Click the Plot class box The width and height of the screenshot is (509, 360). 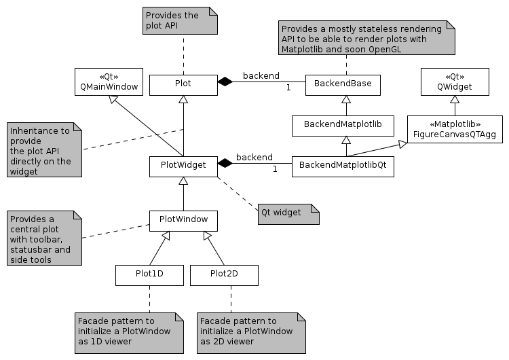[183, 84]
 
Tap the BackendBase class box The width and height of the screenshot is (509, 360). [343, 85]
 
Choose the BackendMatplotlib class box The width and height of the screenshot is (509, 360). [343, 125]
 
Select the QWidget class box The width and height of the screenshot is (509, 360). [455, 82]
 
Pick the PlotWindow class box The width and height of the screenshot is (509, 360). [183, 221]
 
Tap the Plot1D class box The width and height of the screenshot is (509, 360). [149, 275]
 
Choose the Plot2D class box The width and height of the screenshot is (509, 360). [224, 275]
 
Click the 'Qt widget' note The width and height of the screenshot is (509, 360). [288, 213]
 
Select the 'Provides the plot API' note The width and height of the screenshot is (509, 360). [179, 20]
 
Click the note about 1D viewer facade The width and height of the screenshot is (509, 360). [129, 333]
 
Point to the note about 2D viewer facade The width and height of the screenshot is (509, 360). [251, 333]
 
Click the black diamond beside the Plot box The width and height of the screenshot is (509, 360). [225, 82]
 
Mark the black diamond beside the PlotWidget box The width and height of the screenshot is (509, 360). [225, 164]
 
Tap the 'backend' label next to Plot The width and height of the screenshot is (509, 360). [261, 75]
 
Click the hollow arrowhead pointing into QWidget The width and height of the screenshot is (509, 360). [455, 100]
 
